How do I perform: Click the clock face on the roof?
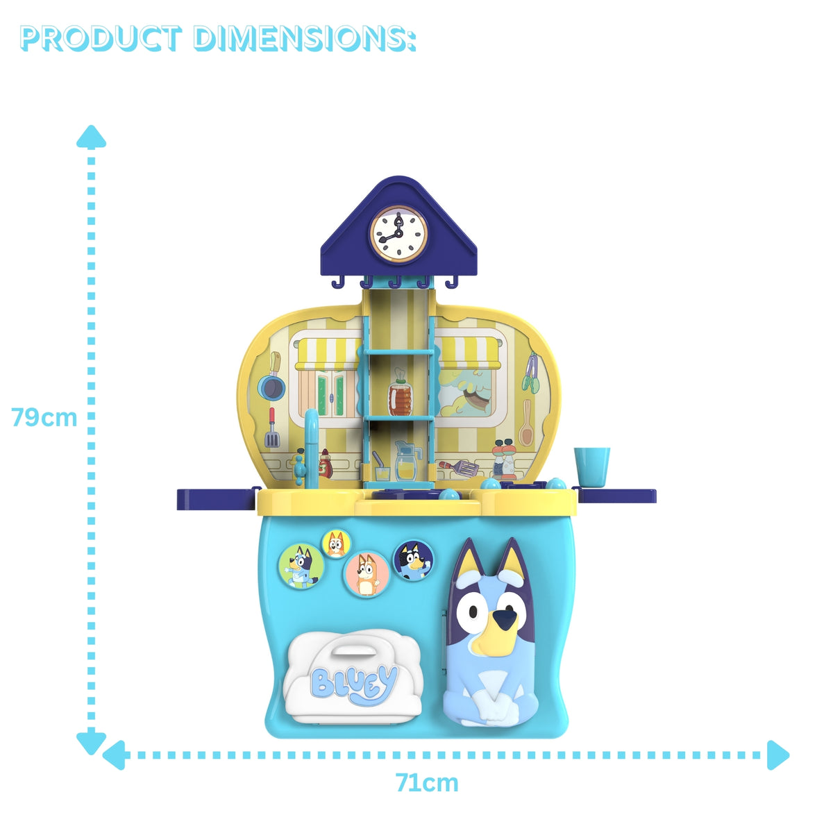coord(398,234)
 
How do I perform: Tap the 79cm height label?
coord(44,418)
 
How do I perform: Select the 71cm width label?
coord(427,783)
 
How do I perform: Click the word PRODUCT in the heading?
coord(101,39)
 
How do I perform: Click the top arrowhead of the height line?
coord(91,136)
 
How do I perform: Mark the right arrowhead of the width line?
coord(779,755)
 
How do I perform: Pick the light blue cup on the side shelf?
coord(591,465)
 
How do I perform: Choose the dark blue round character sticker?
coord(413,560)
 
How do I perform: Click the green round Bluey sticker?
coord(301,565)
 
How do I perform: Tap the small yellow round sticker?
coord(336,544)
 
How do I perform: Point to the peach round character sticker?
coord(367,573)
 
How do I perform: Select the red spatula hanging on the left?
coord(271,429)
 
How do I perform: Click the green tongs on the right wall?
coord(532,372)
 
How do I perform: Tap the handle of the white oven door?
coord(353,650)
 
